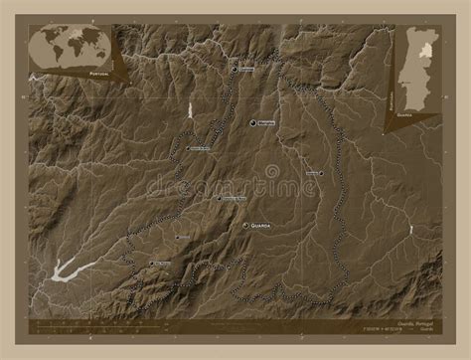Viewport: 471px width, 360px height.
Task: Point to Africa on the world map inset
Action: point(71,49)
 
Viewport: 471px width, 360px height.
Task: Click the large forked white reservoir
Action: point(62,269)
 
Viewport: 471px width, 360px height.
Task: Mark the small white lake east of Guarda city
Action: point(409,230)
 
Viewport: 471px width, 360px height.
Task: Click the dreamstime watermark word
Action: point(235,185)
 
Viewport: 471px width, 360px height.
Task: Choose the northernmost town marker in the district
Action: point(235,70)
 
